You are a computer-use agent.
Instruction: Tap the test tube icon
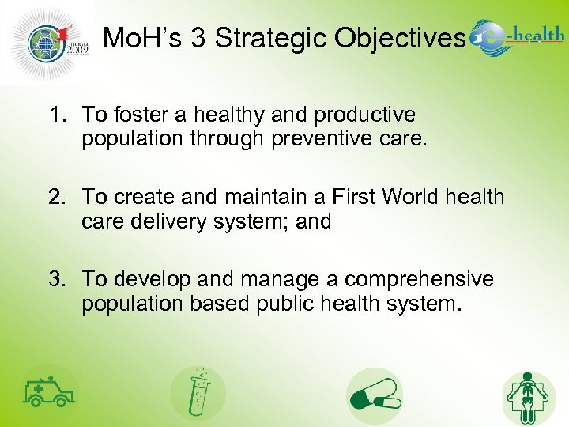(x=198, y=393)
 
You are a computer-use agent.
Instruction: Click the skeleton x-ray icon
(x=529, y=397)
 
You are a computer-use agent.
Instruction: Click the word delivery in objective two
(x=171, y=222)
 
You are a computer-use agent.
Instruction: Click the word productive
(x=364, y=115)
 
